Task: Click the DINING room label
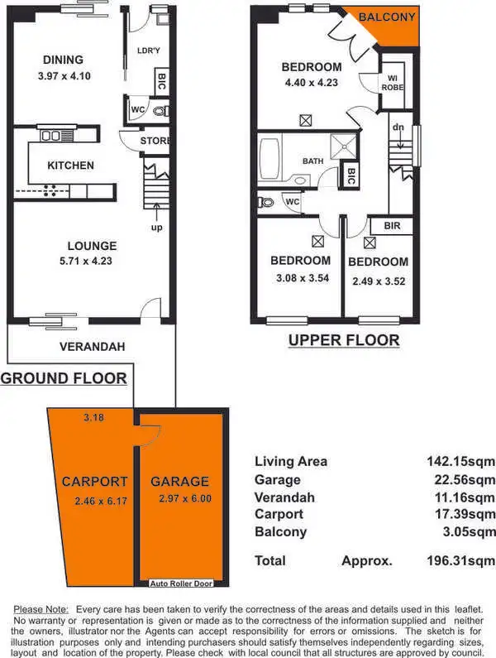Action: point(63,60)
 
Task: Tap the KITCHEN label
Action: point(70,166)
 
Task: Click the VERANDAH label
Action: point(91,348)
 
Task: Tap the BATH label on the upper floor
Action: point(312,161)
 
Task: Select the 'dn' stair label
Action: point(398,127)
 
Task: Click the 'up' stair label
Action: point(155,227)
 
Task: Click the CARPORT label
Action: point(94,481)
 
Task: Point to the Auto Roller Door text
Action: point(182,584)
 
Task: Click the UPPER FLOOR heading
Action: point(343,340)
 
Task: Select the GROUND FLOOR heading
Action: point(64,379)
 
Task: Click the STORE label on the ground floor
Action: point(155,141)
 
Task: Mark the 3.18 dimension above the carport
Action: point(93,418)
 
